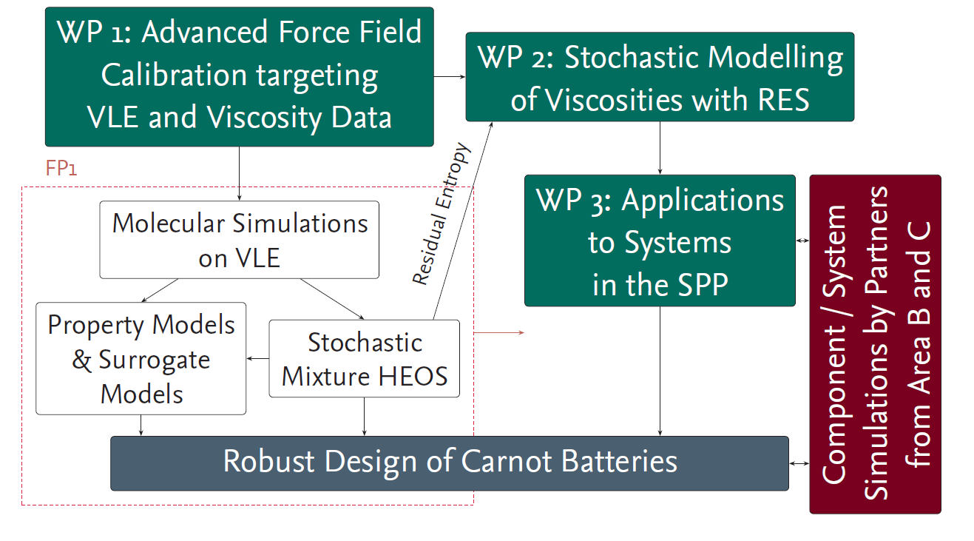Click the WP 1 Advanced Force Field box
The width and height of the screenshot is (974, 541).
coord(239,77)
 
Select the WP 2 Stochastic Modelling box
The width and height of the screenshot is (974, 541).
coord(660,77)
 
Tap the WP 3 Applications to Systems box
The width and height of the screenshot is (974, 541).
coord(660,241)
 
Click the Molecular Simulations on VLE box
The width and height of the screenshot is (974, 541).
coord(239,240)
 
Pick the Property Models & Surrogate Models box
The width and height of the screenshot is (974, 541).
coord(141,359)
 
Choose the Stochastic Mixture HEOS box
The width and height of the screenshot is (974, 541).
coord(365,359)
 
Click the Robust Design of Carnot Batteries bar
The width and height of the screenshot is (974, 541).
coord(450,463)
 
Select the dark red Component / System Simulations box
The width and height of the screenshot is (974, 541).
coord(876,344)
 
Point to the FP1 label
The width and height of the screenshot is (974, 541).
coord(61,168)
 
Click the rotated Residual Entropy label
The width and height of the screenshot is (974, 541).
coord(442,214)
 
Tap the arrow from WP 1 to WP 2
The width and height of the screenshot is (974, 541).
coord(450,77)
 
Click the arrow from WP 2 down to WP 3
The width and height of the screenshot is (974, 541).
coord(660,148)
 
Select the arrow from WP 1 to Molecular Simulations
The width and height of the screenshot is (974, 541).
coord(239,174)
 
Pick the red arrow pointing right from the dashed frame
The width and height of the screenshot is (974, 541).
coord(499,332)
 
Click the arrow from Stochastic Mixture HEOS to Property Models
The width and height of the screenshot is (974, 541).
coord(258,359)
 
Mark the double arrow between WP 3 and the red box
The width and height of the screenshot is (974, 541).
coord(802,241)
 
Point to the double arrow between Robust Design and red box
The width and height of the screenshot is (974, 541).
coord(799,463)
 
